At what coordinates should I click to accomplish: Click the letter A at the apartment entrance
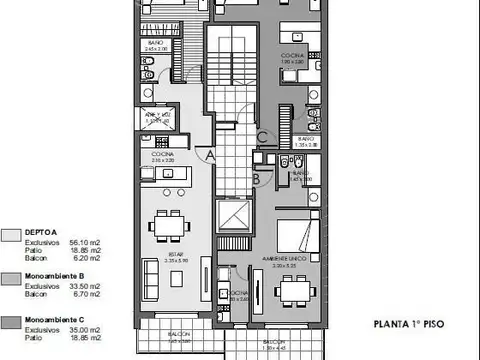coord(208,155)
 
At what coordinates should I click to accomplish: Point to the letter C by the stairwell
coord(261,137)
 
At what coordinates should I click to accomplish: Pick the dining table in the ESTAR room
coord(164,226)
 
